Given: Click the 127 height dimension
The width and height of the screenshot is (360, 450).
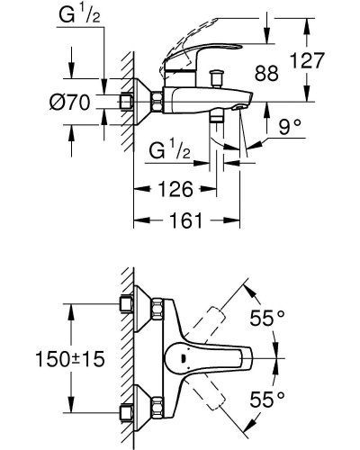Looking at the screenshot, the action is pos(308,60).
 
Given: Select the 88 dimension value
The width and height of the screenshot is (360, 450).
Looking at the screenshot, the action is pos(266,73).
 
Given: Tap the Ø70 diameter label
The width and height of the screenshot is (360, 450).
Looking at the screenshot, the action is pos(69,102).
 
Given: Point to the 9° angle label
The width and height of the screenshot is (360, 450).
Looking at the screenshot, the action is pos(290,127).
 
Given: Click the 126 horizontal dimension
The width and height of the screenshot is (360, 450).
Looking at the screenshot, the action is pos(175,189).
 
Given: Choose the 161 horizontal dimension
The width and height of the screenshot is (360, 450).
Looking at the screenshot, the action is pos(186,220).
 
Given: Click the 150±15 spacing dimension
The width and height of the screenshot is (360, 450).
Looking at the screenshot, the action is pos(70,359).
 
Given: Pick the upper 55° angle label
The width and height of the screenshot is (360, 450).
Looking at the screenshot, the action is pos(267,318).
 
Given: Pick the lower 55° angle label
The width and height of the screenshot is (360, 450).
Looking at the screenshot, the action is pos(267,399).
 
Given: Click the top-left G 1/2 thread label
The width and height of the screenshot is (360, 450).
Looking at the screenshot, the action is pos(79,15).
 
